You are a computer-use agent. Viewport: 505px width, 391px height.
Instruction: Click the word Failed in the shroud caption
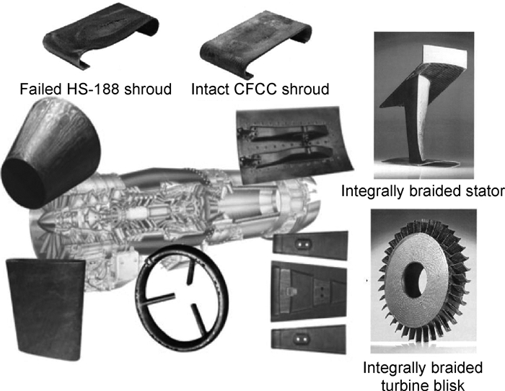tap(40, 89)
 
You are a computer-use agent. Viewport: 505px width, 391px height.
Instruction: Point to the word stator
tap(485, 191)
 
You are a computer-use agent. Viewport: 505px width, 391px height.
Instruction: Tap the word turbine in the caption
tap(407, 385)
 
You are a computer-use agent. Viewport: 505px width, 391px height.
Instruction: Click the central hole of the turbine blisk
tap(415, 279)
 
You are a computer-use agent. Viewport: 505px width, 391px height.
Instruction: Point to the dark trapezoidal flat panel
tap(45, 309)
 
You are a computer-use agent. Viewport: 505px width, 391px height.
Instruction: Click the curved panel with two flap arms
tap(294, 144)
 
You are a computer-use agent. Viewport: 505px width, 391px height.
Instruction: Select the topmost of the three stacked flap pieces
tap(310, 245)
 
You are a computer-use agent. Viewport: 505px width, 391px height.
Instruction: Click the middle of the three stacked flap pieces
tap(309, 291)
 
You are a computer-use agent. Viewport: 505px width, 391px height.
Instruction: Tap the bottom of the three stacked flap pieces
tap(309, 339)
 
